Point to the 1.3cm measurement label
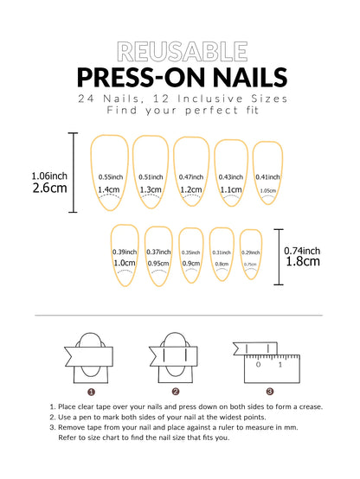tap(151, 190)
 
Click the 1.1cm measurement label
tap(230, 190)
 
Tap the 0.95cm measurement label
tap(157, 264)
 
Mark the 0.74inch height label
tap(304, 250)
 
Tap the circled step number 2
tap(176, 391)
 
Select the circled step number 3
tap(269, 391)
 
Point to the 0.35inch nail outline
tap(190, 253)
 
